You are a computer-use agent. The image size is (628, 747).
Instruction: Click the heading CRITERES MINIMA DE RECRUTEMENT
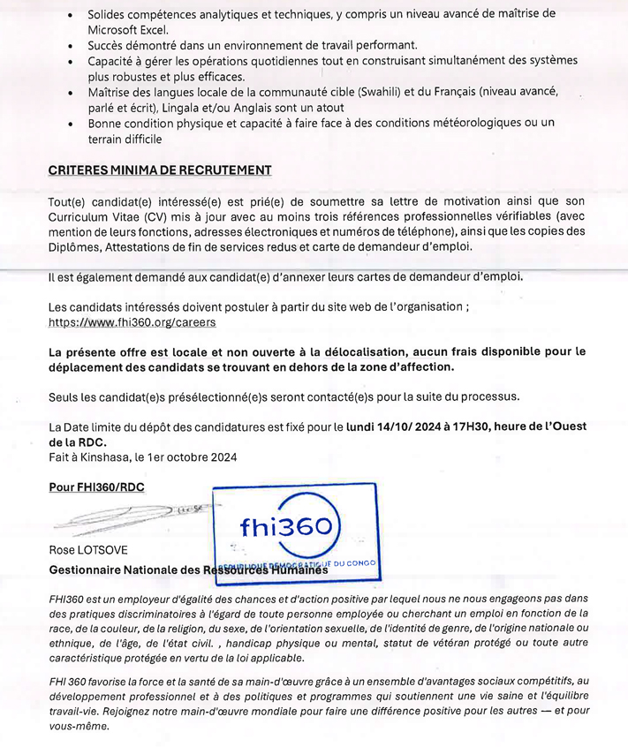pos(160,170)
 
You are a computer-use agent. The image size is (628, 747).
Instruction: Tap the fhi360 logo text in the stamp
pos(284,527)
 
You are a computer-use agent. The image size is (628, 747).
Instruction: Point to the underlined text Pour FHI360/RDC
pos(96,487)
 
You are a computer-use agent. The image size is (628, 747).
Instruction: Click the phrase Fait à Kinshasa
pos(89,456)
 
